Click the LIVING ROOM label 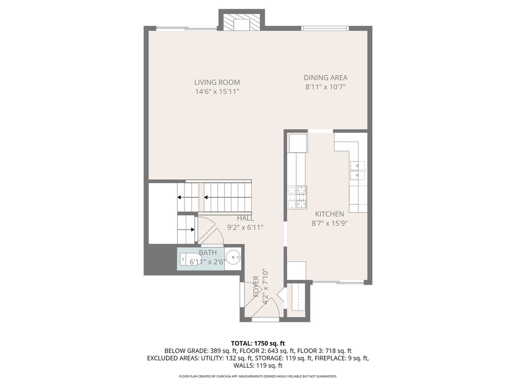point(217,82)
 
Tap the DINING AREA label point(326,77)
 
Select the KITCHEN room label point(329,214)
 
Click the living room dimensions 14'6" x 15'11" point(217,92)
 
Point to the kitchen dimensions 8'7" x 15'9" point(329,223)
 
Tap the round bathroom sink point(233,258)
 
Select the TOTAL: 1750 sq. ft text point(258,343)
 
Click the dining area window point(325,28)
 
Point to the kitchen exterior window point(338,282)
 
